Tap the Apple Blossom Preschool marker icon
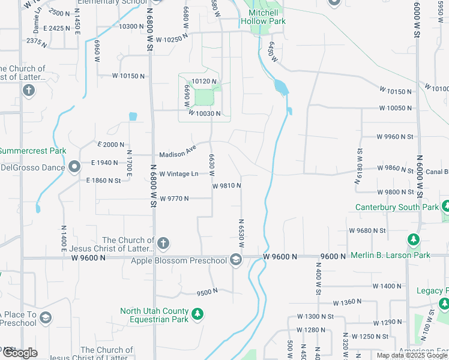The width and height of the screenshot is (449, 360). coord(236,260)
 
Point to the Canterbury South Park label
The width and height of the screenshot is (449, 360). coord(397,207)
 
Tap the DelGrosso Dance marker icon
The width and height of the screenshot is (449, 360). coord(74,167)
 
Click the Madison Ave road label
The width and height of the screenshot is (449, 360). coord(178,152)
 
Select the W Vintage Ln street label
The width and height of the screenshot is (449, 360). coord(178,173)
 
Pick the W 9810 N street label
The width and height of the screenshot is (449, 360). coord(227,185)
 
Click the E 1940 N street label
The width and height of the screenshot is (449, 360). coord(105,163)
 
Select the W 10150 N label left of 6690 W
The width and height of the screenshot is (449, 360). coord(129,76)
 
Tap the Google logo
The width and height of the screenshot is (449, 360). coord(20,353)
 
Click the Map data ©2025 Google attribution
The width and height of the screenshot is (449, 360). coord(412,355)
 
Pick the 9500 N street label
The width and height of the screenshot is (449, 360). coord(207,292)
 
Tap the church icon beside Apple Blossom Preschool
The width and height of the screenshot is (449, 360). coord(163,244)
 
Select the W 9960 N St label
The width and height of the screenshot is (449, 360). coord(395,136)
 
